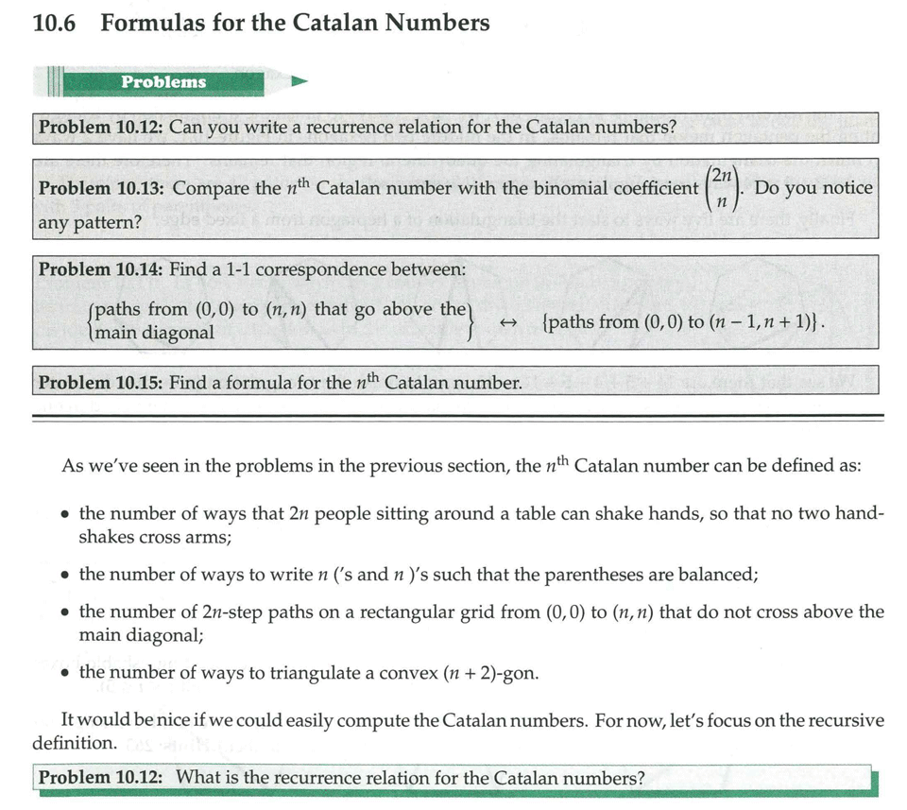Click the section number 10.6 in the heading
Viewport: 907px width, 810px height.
pyautogui.click(x=53, y=23)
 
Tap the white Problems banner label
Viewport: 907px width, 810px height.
pyautogui.click(x=163, y=81)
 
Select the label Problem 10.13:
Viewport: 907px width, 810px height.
pyautogui.click(x=102, y=188)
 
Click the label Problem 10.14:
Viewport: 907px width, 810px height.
pyautogui.click(x=101, y=269)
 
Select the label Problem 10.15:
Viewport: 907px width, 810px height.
pyautogui.click(x=101, y=383)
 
